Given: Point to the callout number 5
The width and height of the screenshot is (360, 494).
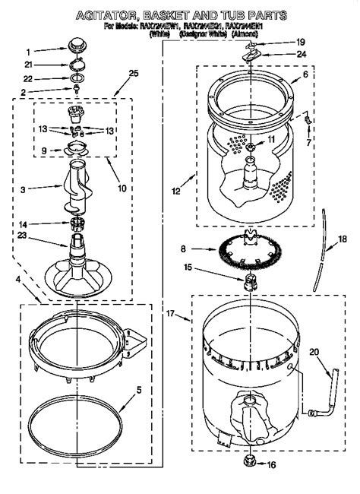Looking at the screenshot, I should pos(139,391).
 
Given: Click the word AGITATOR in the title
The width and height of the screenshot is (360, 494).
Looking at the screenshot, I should pos(112,14).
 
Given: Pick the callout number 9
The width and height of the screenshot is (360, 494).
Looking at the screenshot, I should pos(43,150).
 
